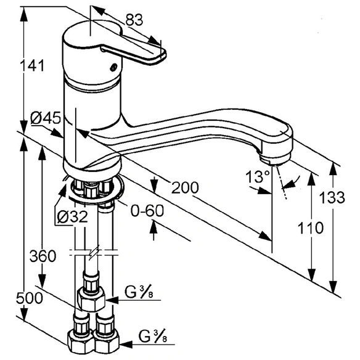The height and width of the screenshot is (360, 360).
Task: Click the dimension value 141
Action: coord(32,65)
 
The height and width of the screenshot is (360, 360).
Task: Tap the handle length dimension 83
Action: coord(134,20)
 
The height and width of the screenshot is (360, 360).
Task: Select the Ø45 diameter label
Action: coord(46,119)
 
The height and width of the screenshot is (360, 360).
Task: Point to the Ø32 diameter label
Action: coord(73,216)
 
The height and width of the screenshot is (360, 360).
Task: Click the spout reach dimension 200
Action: coord(185,187)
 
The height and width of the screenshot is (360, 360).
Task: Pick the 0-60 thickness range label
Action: coord(147,211)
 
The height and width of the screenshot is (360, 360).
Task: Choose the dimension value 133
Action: coord(332,197)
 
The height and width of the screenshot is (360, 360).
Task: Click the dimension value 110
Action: coord(311,228)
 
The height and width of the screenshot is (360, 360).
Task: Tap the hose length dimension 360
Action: coord(43,256)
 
